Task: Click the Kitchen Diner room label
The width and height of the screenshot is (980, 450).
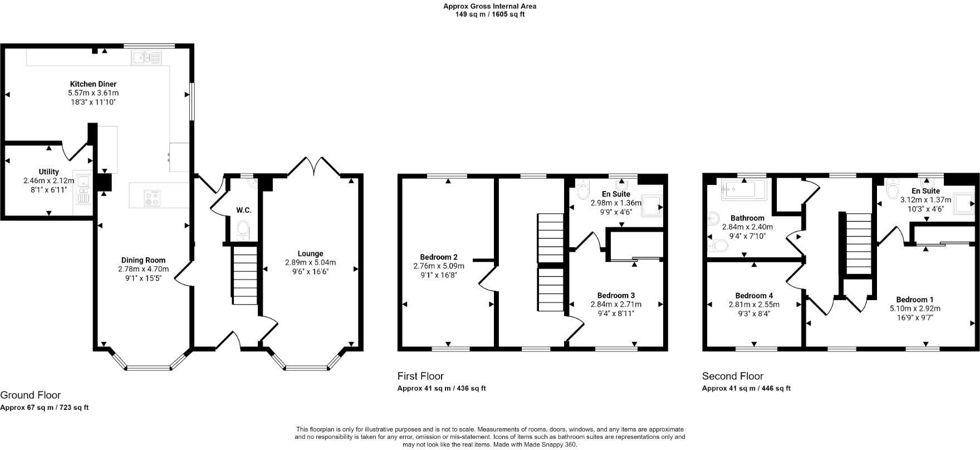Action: click(93, 84)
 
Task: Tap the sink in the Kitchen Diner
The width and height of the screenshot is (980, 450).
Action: click(146, 57)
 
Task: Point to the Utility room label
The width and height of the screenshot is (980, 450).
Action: click(49, 172)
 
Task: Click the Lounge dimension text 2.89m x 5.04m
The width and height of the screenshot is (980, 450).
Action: click(310, 262)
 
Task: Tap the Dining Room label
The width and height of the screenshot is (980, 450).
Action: click(143, 260)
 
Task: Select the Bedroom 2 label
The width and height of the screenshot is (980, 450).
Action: click(439, 257)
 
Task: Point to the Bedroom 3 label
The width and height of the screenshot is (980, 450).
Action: click(616, 295)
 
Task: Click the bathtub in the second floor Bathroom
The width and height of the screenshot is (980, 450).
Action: click(743, 189)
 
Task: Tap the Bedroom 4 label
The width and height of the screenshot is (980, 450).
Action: click(754, 295)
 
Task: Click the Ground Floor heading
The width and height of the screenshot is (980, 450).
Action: click(30, 395)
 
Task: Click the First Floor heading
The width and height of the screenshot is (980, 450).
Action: click(420, 376)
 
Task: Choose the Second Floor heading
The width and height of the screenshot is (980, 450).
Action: click(732, 376)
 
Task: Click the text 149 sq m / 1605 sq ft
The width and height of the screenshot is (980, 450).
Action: click(489, 14)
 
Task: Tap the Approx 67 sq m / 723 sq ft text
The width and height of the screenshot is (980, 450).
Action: click(44, 408)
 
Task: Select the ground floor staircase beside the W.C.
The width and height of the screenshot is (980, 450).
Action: click(244, 276)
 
